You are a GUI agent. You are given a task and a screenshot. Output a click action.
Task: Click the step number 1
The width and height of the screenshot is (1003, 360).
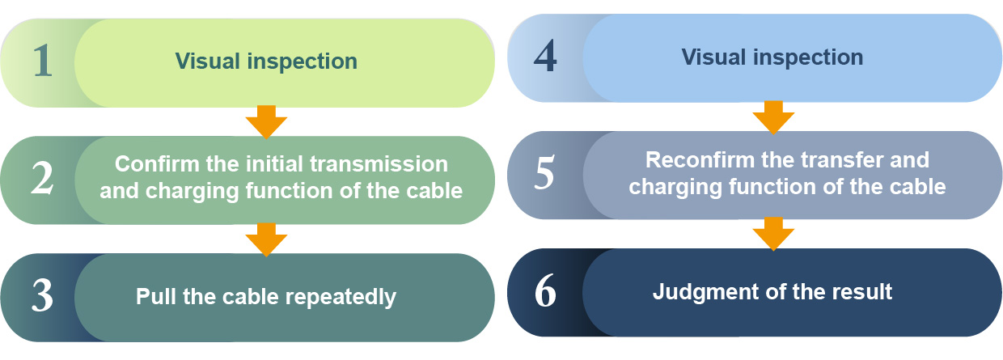[43, 61]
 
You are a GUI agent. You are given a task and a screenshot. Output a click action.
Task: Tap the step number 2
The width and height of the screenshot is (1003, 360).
[43, 178]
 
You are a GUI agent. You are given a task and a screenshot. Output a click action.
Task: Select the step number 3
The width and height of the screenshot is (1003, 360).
[43, 296]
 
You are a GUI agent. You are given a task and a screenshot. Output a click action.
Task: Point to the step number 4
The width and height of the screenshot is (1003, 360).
[545, 56]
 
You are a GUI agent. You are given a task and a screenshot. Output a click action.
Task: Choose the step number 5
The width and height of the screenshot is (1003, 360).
[545, 173]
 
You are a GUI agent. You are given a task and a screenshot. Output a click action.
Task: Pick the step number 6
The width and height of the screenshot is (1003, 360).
[545, 290]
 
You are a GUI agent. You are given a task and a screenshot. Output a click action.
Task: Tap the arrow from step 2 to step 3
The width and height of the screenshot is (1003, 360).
[266, 239]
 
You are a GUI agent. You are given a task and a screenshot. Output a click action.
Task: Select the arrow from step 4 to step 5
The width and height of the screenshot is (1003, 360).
[773, 117]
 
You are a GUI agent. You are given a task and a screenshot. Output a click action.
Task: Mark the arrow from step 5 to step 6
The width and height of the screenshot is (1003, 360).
[773, 234]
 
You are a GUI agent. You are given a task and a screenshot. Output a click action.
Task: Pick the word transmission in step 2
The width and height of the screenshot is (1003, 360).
[379, 164]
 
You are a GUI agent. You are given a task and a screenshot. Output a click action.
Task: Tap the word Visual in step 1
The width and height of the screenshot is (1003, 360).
[208, 61]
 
